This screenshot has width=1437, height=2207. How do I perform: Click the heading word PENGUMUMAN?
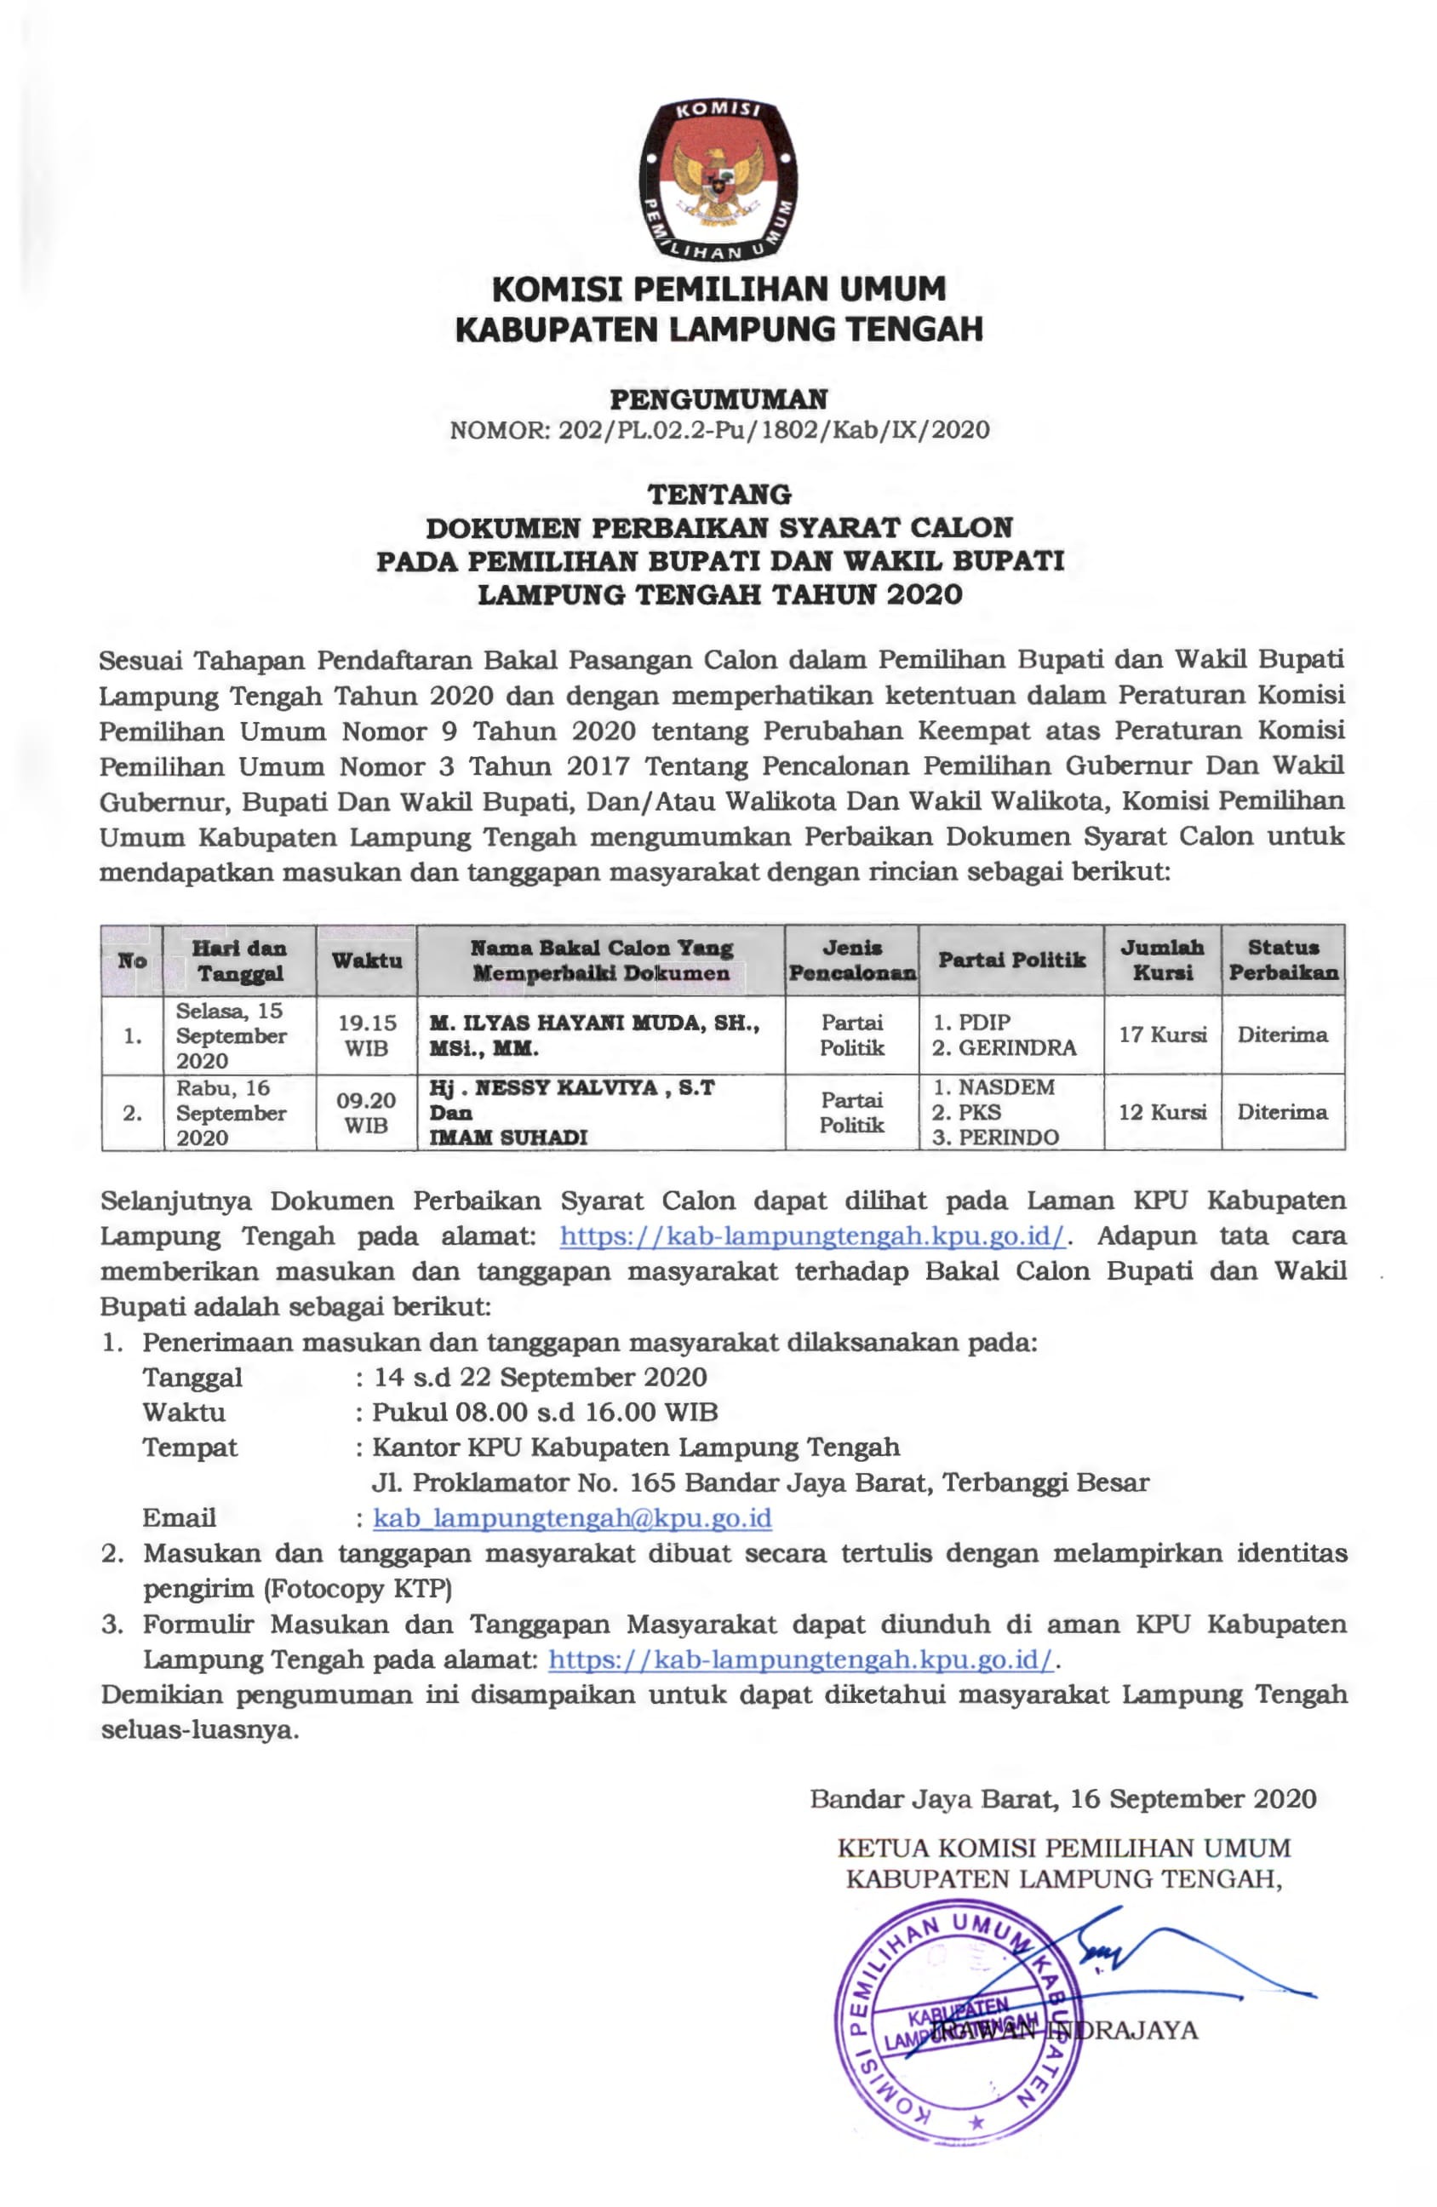click(718, 399)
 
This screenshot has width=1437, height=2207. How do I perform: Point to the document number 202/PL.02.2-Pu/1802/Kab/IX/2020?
click(774, 430)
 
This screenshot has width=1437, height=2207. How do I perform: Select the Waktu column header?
click(366, 960)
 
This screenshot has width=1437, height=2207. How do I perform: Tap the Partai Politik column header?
click(1010, 960)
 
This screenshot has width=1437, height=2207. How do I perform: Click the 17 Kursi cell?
click(1162, 1035)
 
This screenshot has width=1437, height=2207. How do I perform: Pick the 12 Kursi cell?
click(1162, 1112)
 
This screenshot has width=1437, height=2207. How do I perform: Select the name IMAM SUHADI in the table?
click(508, 1137)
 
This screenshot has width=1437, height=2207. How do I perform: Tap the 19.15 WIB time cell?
click(366, 1035)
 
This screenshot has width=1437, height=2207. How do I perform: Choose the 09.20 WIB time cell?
click(366, 1112)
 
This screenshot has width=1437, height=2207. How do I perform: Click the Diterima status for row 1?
click(1282, 1035)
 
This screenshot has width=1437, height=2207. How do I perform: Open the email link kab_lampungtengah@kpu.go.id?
click(572, 1518)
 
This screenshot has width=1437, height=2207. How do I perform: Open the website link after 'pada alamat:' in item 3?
click(801, 1659)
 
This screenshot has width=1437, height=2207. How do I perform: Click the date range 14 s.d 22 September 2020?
click(541, 1377)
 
